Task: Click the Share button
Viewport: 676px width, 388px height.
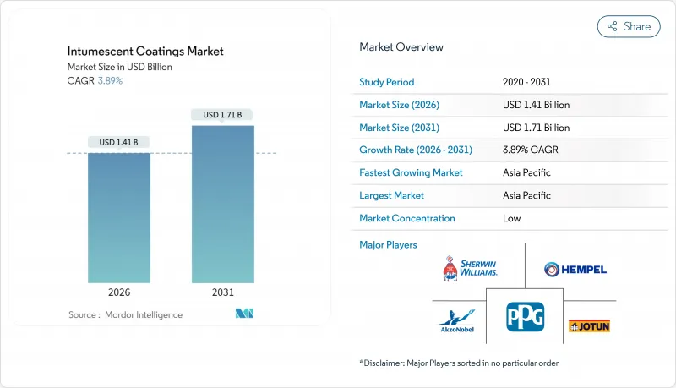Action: coord(629,26)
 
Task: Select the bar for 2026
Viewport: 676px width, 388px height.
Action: coord(119,217)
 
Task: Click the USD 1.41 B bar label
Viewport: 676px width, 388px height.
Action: coord(119,142)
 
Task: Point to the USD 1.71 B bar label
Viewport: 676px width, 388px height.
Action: coord(222,114)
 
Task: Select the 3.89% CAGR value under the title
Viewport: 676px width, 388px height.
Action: coord(109,80)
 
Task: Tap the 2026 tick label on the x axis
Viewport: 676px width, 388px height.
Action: coord(119,292)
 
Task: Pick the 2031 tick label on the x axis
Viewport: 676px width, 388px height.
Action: coord(222,292)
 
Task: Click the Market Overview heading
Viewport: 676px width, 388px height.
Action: coord(401,47)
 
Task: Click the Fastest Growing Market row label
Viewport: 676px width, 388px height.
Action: coord(411,172)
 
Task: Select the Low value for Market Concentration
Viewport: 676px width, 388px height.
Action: coord(511,218)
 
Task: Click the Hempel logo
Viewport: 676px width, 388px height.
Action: coord(575,269)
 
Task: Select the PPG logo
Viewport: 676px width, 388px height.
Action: coord(525,318)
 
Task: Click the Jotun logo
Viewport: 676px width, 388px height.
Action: coord(589,325)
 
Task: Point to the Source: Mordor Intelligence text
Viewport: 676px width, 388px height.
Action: coord(125,314)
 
